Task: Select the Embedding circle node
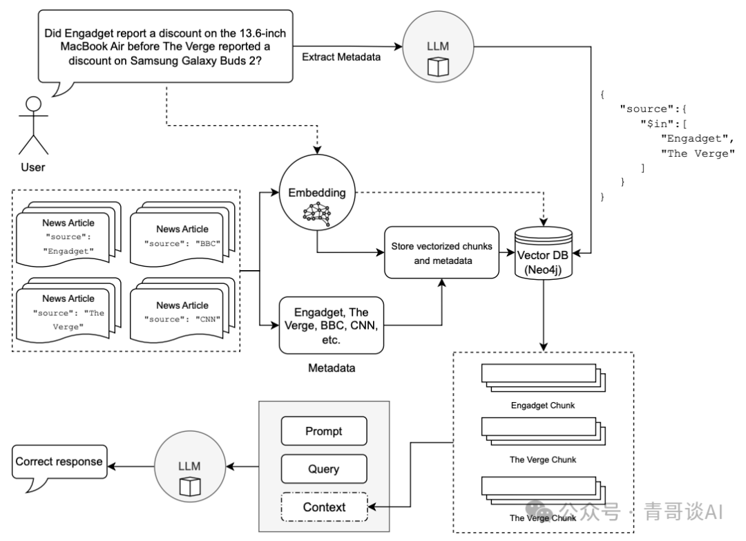tap(317, 193)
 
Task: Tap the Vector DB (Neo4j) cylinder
tap(544, 253)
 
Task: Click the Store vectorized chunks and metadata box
tap(442, 253)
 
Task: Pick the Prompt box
tap(324, 431)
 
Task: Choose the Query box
tap(324, 468)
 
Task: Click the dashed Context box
tap(324, 506)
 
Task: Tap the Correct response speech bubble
tap(59, 462)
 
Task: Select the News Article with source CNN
tap(182, 310)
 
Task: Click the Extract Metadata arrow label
tap(341, 57)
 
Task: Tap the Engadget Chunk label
tap(543, 406)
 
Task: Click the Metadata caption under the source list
tap(332, 368)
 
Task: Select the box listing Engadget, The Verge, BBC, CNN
tap(332, 325)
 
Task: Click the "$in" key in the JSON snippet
tap(653, 124)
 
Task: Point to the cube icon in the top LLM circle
tap(438, 66)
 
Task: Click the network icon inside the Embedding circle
tap(317, 213)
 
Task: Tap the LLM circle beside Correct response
tap(191, 466)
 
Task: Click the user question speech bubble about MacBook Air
tap(166, 46)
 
